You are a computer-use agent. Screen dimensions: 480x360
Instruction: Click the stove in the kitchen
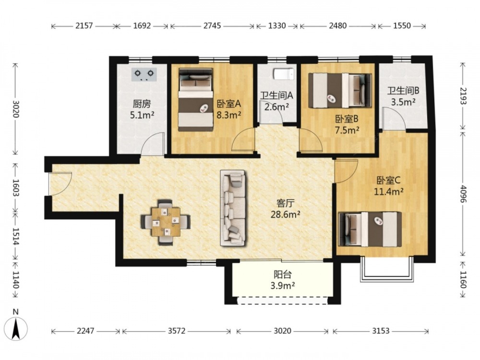(x=144, y=74)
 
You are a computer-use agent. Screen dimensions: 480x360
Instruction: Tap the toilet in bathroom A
(x=284, y=74)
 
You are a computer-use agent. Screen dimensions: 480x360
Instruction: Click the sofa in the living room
(x=233, y=208)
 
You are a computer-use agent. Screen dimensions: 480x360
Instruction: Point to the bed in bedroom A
(x=196, y=99)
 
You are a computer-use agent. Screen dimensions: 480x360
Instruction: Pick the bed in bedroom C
(x=370, y=229)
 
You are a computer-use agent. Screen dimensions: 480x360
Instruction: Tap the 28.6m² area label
(x=285, y=214)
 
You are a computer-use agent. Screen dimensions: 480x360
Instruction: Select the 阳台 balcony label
(x=283, y=274)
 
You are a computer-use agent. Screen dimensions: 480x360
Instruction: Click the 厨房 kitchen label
(x=142, y=104)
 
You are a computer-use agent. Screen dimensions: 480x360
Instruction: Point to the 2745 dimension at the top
(x=212, y=26)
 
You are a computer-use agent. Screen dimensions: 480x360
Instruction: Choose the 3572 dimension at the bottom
(x=177, y=331)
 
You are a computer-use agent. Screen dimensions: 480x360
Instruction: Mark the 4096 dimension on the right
(x=462, y=194)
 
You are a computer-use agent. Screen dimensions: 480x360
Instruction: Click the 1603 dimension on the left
(x=16, y=187)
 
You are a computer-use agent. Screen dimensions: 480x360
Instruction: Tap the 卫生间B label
(x=403, y=91)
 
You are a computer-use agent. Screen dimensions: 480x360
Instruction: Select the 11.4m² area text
(x=388, y=192)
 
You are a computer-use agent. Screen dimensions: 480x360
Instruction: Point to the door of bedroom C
(x=347, y=171)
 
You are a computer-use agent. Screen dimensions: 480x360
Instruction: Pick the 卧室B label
(x=347, y=119)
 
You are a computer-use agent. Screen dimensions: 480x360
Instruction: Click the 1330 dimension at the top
(x=277, y=26)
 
